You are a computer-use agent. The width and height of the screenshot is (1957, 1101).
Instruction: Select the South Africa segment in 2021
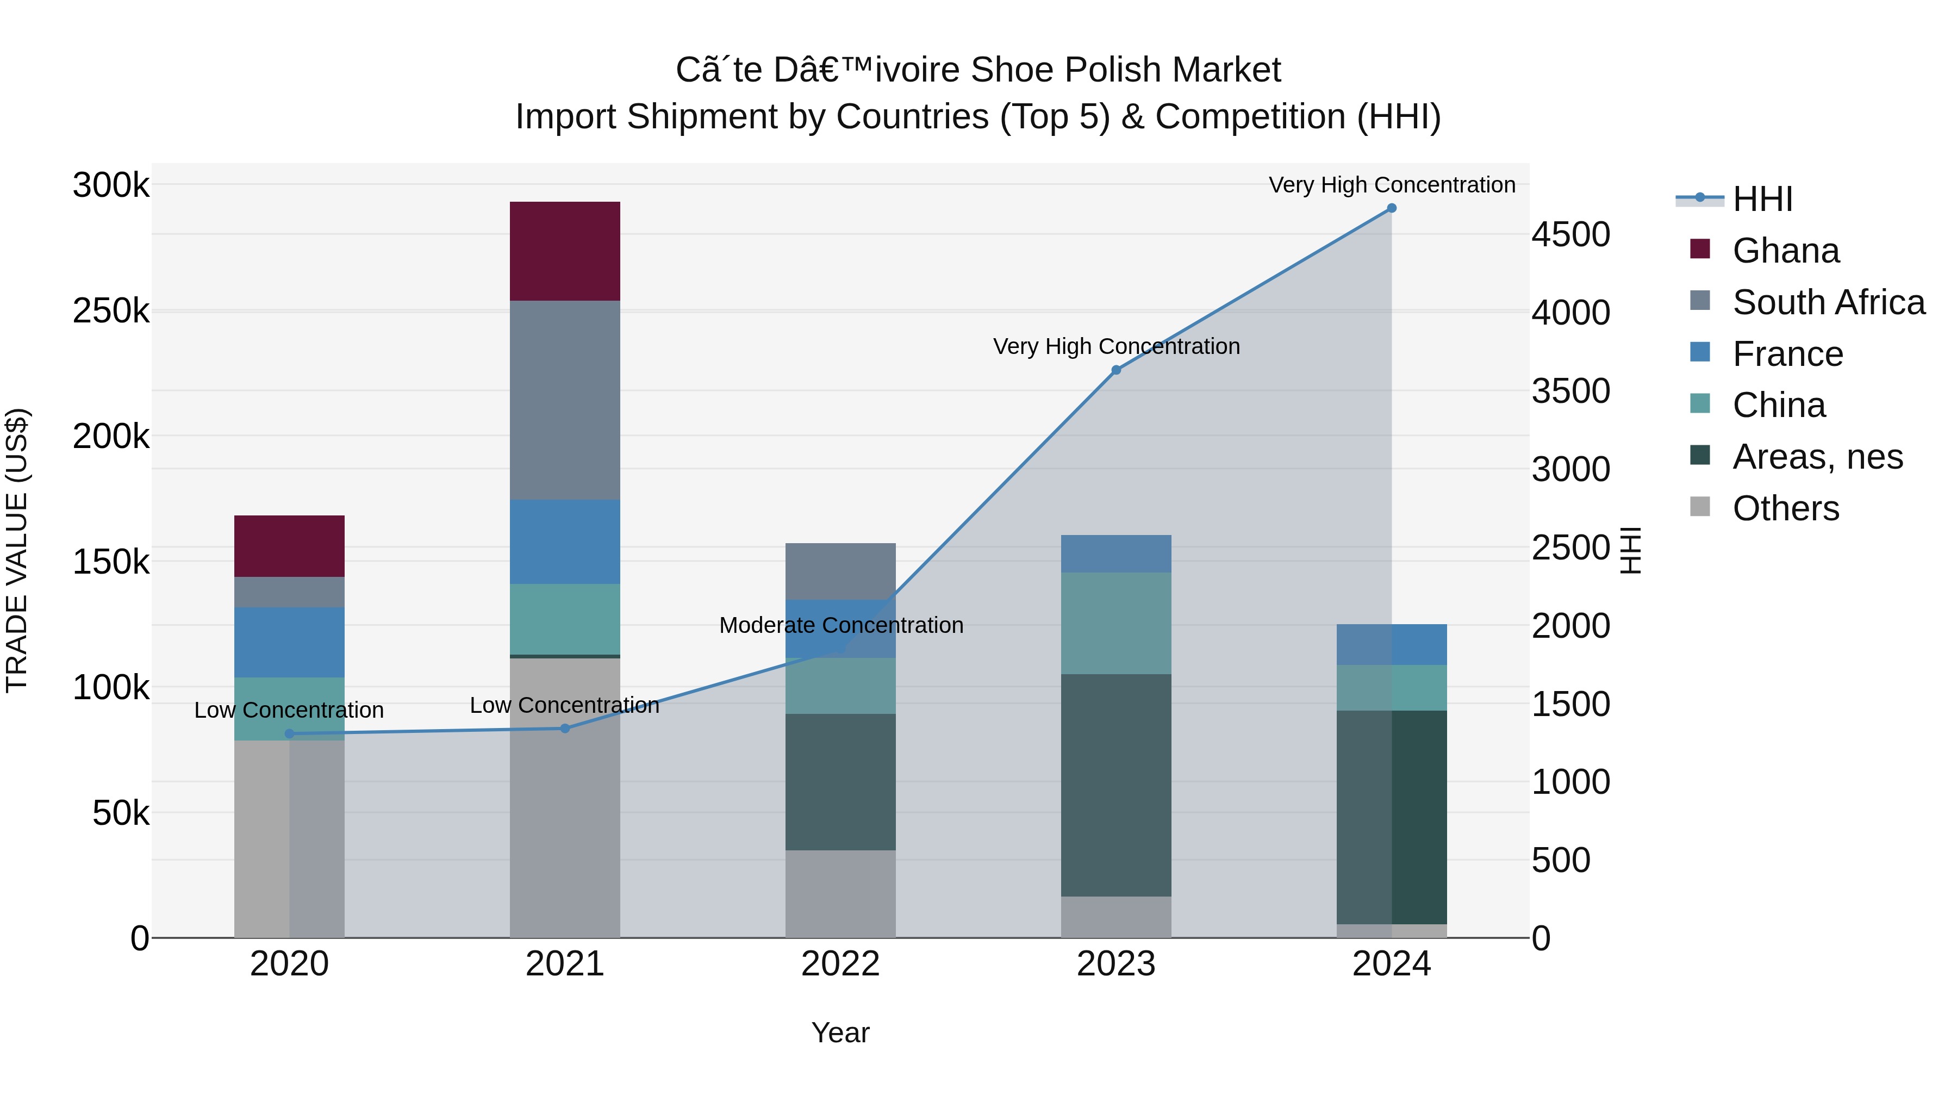pyautogui.click(x=564, y=400)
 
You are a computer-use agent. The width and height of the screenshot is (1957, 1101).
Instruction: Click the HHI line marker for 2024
pyautogui.click(x=1391, y=208)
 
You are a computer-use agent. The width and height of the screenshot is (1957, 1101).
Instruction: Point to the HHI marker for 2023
pyautogui.click(x=1116, y=370)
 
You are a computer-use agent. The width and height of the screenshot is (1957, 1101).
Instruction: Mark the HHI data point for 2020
pyautogui.click(x=289, y=733)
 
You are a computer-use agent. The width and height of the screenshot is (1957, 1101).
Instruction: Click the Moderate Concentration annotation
pyautogui.click(x=841, y=625)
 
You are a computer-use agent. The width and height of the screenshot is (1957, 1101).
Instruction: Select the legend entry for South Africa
pyautogui.click(x=1828, y=302)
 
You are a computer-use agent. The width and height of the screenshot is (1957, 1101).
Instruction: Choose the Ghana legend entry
pyautogui.click(x=1785, y=251)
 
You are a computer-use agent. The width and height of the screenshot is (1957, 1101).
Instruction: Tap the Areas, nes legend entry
pyautogui.click(x=1817, y=457)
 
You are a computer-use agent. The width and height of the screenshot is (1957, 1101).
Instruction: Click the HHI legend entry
pyautogui.click(x=1762, y=199)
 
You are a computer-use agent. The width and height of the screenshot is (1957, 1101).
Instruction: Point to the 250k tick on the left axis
pyautogui.click(x=111, y=311)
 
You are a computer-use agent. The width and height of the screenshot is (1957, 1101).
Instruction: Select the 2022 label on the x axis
pyautogui.click(x=840, y=964)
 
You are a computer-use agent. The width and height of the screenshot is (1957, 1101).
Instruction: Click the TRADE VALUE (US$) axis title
pyautogui.click(x=17, y=550)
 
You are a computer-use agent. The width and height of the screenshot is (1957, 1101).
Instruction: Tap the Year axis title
pyautogui.click(x=840, y=1032)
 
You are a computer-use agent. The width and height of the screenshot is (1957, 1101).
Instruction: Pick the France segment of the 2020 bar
pyautogui.click(x=289, y=642)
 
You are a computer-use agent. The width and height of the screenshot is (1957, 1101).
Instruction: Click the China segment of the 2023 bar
pyautogui.click(x=1115, y=623)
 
